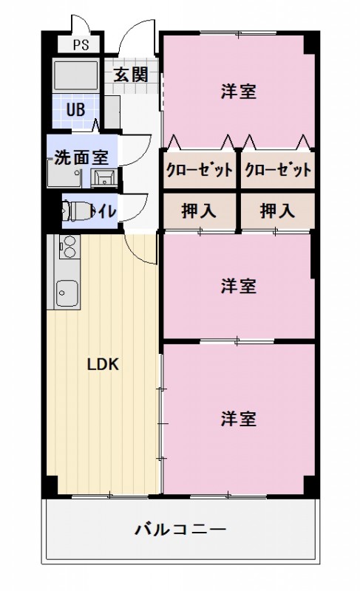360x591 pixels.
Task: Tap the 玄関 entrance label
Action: pyautogui.click(x=131, y=74)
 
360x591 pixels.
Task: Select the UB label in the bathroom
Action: pyautogui.click(x=76, y=110)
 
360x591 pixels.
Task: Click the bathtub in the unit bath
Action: pyautogui.click(x=76, y=75)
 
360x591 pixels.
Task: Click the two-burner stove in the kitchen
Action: pyautogui.click(x=65, y=246)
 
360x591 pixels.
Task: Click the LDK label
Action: pyautogui.click(x=103, y=364)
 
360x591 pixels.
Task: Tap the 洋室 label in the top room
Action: pyautogui.click(x=238, y=92)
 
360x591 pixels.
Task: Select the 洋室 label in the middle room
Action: pyautogui.click(x=238, y=287)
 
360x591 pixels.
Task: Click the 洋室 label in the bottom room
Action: pyautogui.click(x=238, y=418)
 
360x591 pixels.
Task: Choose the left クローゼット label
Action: pyautogui.click(x=200, y=170)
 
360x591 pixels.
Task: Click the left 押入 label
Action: pyautogui.click(x=200, y=211)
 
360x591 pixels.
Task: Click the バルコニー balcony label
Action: pyautogui.click(x=180, y=530)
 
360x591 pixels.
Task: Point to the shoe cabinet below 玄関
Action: pyautogui.click(x=112, y=111)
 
